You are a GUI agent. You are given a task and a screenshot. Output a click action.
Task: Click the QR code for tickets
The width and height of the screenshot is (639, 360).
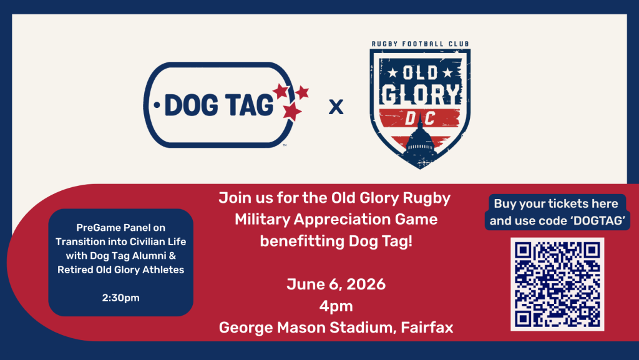point(557,284)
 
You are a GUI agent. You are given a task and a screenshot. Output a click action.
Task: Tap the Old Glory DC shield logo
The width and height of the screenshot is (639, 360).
point(420,109)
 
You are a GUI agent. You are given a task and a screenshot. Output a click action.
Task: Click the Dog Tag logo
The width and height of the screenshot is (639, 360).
point(226,105)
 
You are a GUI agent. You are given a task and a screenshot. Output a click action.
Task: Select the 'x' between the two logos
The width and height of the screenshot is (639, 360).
point(336,107)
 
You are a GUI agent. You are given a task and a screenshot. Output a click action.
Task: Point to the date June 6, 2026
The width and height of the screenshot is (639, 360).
point(336,285)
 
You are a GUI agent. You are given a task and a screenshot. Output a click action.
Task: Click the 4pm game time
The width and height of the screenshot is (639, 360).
point(336,306)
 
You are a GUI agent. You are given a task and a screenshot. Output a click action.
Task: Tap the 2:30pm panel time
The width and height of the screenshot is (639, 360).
point(120,298)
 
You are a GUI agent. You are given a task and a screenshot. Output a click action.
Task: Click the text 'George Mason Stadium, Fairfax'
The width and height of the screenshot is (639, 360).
point(336,328)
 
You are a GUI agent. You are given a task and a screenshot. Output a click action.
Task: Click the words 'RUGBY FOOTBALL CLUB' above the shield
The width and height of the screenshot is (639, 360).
point(420,44)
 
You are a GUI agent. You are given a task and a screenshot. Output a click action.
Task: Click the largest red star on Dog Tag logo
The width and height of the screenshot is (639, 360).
point(292,111)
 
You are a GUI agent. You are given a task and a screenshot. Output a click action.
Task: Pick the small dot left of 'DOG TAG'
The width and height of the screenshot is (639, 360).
point(157,105)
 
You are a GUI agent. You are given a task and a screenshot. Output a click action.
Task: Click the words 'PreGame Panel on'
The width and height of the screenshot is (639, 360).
point(120,228)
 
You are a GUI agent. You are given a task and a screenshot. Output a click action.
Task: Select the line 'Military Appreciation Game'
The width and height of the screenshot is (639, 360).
point(336,220)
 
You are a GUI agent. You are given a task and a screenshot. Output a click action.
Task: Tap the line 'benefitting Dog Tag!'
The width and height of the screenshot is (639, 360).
point(336,241)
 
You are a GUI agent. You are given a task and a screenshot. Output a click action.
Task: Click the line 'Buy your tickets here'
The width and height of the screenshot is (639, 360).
point(556,203)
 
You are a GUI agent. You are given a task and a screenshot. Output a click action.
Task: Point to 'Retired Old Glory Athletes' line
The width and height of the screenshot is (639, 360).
point(120,270)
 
